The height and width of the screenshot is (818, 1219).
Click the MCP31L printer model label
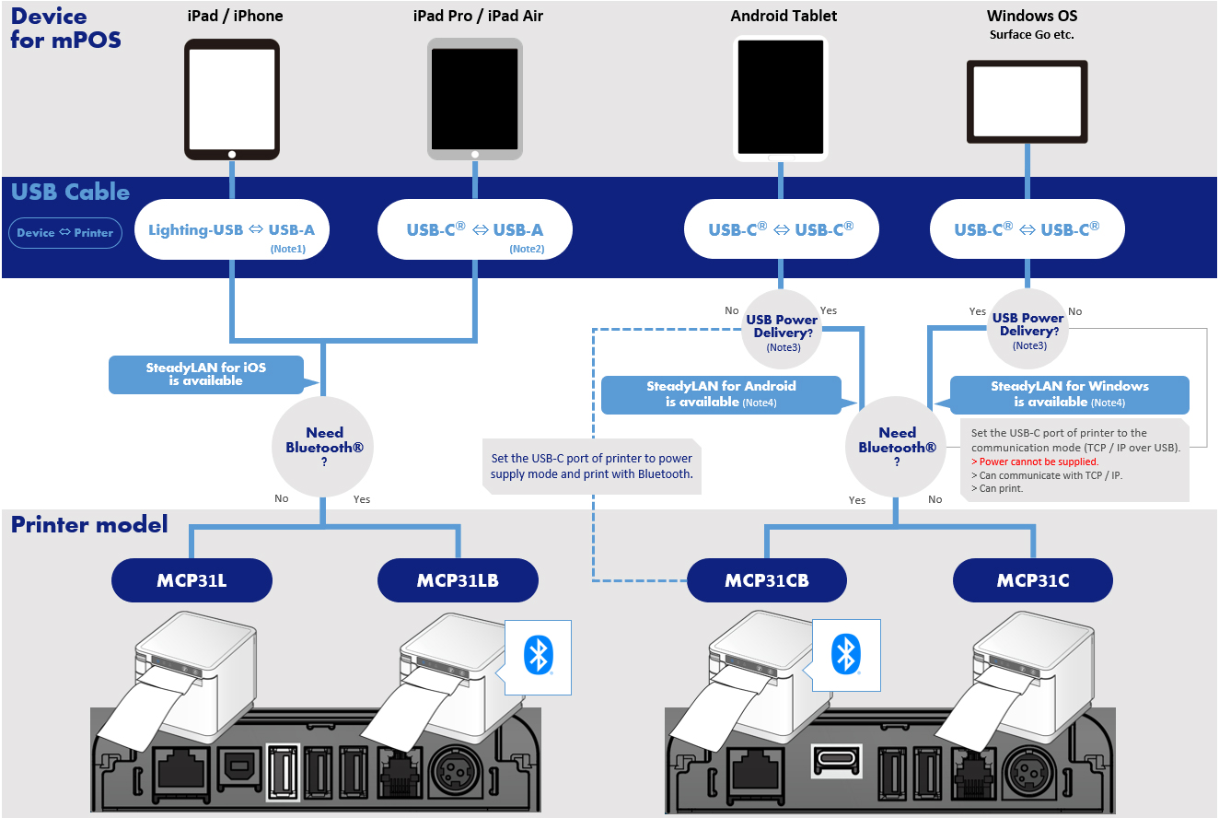click(x=192, y=581)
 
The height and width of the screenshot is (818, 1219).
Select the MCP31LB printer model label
click(x=458, y=581)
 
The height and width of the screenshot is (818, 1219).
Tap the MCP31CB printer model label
click(x=767, y=581)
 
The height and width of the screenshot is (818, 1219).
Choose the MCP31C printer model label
click(x=1032, y=581)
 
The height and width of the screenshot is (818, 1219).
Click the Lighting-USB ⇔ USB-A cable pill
click(x=231, y=229)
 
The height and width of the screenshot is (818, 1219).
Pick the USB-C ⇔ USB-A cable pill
click(x=475, y=229)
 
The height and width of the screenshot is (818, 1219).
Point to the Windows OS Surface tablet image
click(x=1027, y=102)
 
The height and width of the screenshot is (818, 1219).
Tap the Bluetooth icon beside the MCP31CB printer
click(x=845, y=654)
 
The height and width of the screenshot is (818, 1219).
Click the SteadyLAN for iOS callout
click(x=205, y=374)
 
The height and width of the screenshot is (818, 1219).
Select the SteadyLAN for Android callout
click(x=721, y=394)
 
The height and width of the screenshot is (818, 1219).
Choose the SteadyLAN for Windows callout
click(x=1069, y=394)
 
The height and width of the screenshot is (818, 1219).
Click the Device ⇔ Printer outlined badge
click(x=65, y=233)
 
